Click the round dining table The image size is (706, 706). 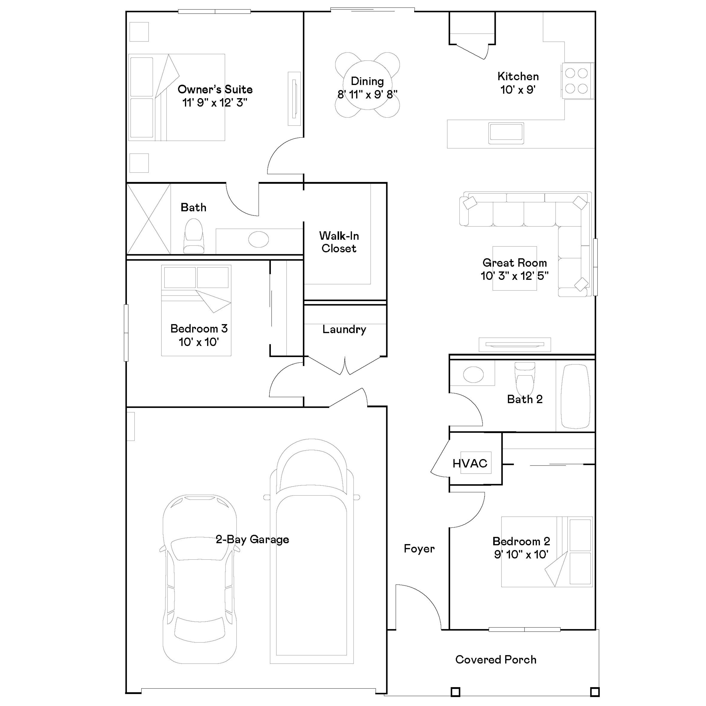(367, 85)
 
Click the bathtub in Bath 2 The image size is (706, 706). (575, 396)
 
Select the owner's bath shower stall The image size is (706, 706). (148, 219)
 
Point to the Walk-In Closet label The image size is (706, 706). (339, 242)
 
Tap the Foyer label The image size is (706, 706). (419, 549)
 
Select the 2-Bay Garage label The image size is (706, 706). (252, 539)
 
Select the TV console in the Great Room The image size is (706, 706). (514, 344)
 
